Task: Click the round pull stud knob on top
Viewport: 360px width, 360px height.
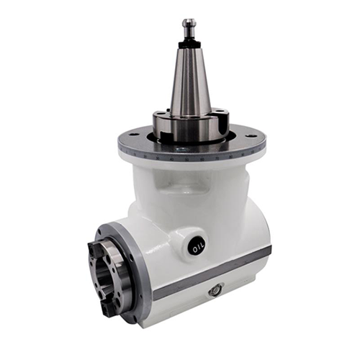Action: click(x=189, y=24)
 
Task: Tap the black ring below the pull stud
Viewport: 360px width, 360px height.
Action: click(x=189, y=45)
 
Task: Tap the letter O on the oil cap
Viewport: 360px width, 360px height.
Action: click(x=194, y=250)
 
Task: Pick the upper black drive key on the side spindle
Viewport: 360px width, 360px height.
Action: click(x=93, y=248)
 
